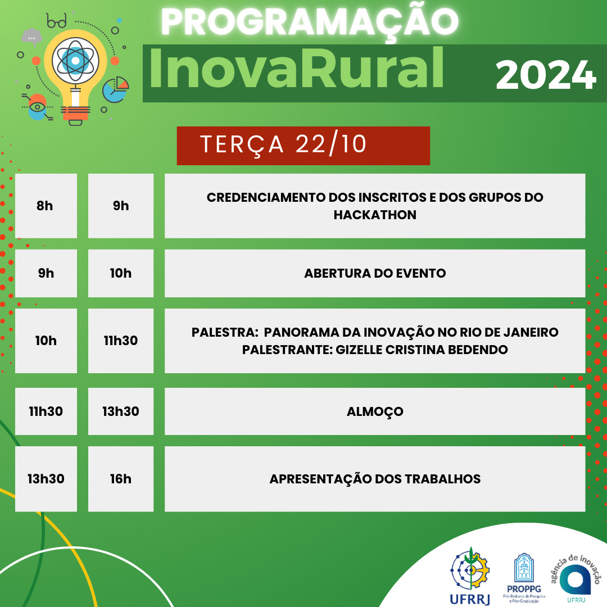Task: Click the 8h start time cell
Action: (46, 206)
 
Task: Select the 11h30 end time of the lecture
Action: (121, 341)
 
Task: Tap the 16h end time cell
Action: (121, 479)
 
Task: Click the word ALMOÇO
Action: (375, 412)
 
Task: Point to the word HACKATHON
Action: (375, 215)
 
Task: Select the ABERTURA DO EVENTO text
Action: (375, 273)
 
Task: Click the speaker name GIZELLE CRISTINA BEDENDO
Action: (422, 350)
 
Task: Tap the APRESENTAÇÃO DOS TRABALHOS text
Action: (375, 479)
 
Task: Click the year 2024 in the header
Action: (545, 75)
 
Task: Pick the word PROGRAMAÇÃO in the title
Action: (309, 22)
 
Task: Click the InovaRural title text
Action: (297, 69)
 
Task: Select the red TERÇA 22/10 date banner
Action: (303, 146)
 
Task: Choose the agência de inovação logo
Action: (576, 578)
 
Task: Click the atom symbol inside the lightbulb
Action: (75, 60)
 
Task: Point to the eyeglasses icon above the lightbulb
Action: (57, 21)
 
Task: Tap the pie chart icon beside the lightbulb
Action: (115, 89)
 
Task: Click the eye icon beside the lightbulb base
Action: (37, 107)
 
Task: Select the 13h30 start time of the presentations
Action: (46, 479)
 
